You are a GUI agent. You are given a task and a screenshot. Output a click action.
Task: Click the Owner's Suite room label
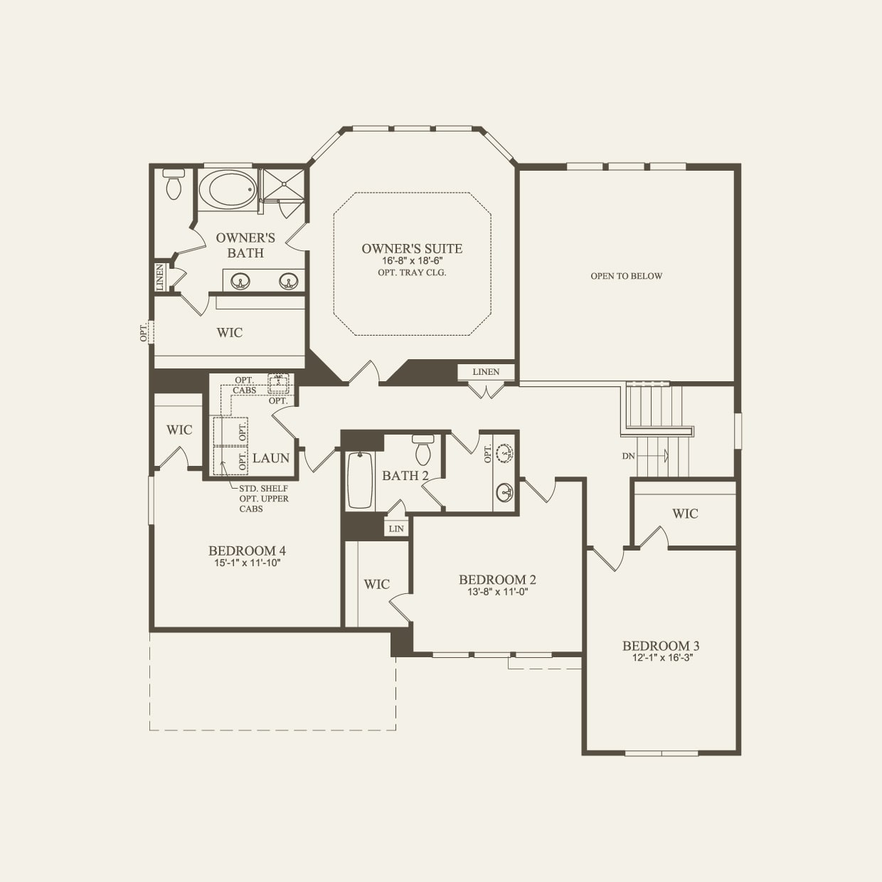[x=412, y=248]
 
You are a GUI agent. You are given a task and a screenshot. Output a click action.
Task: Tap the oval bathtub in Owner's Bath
[x=226, y=189]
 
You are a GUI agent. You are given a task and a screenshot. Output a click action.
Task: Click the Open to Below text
[x=626, y=276]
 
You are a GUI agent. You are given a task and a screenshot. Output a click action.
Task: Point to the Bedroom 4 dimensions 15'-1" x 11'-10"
[x=247, y=563]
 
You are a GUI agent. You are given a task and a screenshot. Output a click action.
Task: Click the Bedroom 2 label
[x=497, y=580]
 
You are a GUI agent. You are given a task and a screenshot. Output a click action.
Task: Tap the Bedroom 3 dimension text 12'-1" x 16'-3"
[x=661, y=658]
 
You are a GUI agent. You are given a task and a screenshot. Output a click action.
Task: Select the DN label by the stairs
[x=628, y=456]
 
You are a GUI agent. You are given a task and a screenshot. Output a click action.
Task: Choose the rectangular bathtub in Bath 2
[x=360, y=481]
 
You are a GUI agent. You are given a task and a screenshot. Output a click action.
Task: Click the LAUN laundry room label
[x=271, y=458]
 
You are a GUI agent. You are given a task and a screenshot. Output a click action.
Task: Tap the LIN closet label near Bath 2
[x=396, y=528]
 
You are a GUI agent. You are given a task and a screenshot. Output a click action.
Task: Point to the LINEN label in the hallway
[x=486, y=372]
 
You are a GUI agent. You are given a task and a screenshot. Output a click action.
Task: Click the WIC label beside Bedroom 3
[x=685, y=514]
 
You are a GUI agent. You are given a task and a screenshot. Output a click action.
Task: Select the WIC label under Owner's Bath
[x=230, y=332]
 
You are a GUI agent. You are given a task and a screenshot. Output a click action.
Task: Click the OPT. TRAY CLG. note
[x=412, y=272]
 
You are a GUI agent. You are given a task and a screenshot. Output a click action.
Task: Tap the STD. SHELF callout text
[x=263, y=489]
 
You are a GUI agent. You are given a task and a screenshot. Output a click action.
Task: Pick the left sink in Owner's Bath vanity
[x=242, y=281]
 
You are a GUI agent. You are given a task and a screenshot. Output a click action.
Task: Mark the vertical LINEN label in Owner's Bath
[x=160, y=277]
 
